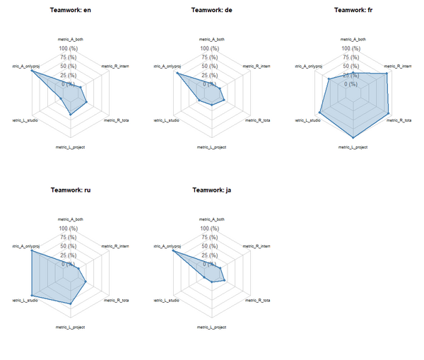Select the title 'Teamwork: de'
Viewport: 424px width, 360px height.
coord(212,10)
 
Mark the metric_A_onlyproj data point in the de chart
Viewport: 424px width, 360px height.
coord(177,74)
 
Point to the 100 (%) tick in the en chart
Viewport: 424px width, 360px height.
coord(69,48)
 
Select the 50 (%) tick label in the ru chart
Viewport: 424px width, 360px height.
coord(69,246)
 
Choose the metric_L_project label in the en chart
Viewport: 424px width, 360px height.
coord(71,147)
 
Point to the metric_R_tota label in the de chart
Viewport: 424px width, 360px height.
coord(257,120)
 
